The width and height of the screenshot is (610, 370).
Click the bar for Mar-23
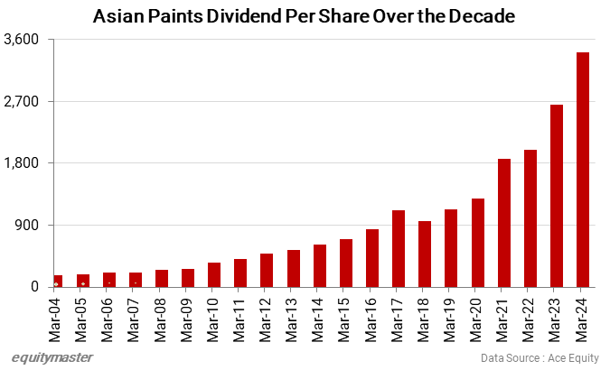557,196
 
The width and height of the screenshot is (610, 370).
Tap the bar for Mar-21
504,223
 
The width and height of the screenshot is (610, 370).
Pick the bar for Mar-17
399,248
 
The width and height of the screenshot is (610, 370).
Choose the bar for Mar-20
478,243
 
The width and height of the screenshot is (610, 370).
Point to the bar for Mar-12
267,270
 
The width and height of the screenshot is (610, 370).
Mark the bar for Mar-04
58,281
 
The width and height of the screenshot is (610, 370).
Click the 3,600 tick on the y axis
24,40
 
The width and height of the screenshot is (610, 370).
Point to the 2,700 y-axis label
24,101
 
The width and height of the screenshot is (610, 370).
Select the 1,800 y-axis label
24,163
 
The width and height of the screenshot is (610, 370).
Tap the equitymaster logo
52,357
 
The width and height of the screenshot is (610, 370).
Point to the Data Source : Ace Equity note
540,358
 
